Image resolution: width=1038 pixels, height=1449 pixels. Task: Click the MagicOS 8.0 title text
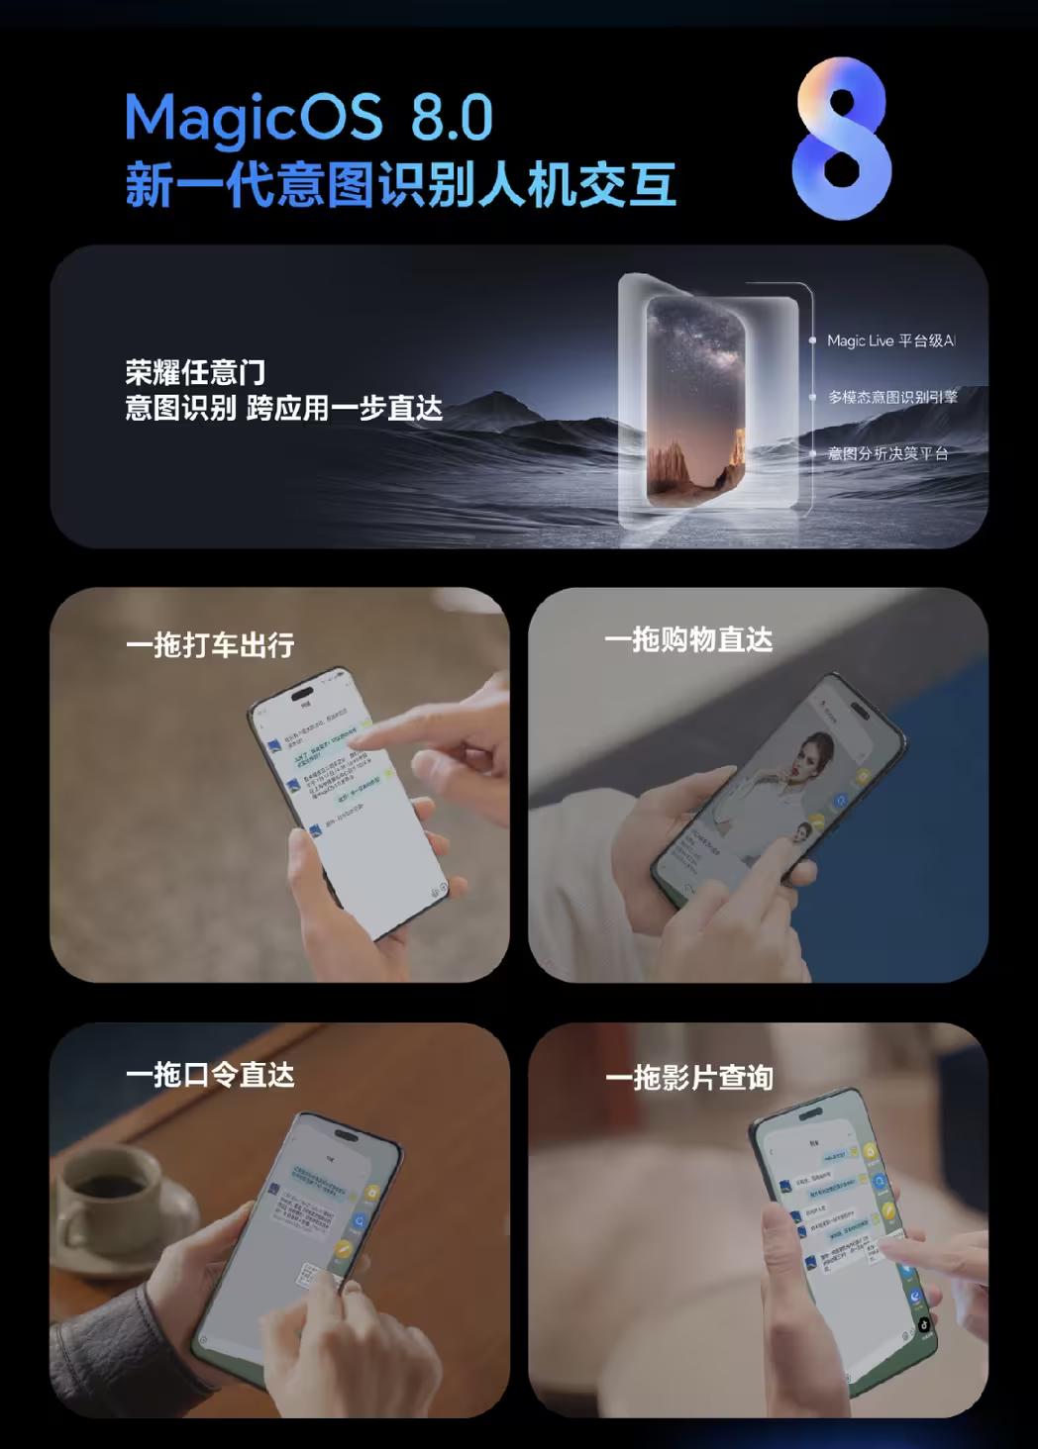point(308,118)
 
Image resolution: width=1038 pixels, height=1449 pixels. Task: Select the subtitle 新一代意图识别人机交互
point(400,185)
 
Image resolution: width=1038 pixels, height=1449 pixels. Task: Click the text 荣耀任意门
point(195,372)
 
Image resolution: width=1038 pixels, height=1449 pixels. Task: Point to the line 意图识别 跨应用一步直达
point(283,408)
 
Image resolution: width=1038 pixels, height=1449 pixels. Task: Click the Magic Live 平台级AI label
point(890,340)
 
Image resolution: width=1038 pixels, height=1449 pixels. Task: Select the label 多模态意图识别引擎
point(892,397)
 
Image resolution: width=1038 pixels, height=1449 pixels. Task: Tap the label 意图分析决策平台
point(887,453)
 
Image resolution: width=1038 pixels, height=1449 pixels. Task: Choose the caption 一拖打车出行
point(210,645)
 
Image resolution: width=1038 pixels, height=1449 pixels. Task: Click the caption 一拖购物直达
point(688,640)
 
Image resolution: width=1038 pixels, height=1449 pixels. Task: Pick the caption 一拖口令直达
point(210,1075)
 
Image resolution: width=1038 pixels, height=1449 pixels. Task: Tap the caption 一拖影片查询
point(689,1078)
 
